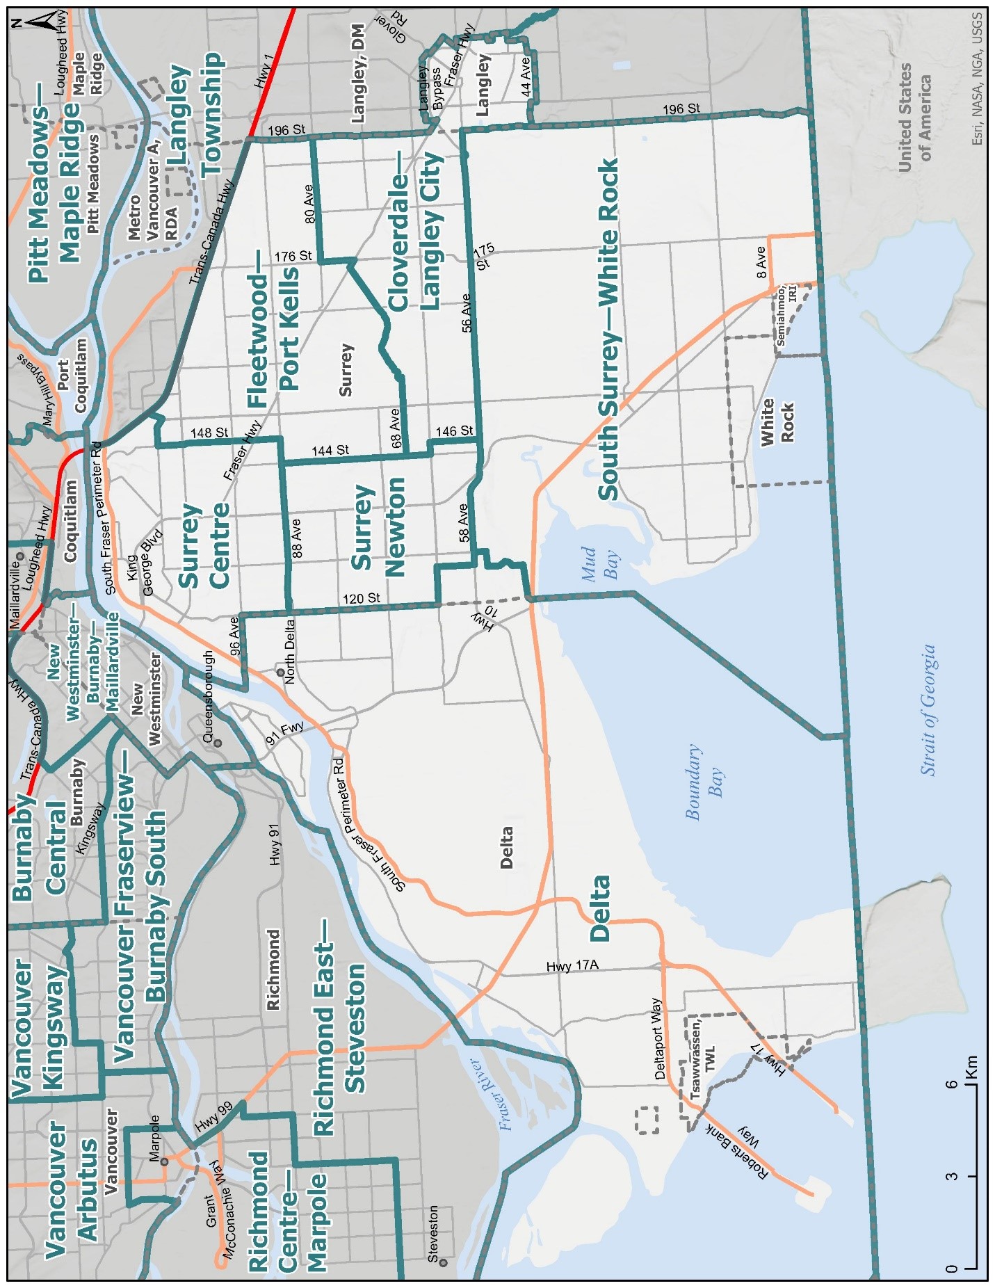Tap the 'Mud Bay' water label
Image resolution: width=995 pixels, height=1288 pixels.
[599, 564]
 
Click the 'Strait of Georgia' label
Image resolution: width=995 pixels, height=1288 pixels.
[928, 710]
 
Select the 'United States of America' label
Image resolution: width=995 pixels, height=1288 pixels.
[914, 118]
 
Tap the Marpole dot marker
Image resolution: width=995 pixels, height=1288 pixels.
[165, 1162]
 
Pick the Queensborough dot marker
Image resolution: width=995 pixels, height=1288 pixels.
[217, 743]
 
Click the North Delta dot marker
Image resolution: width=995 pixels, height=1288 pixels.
[280, 673]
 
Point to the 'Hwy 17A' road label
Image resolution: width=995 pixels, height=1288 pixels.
[572, 965]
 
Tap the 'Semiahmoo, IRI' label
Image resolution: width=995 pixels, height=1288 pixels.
[786, 315]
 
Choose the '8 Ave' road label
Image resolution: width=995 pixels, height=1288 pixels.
[761, 262]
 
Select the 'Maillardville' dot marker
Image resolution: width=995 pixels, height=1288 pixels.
[20, 557]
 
